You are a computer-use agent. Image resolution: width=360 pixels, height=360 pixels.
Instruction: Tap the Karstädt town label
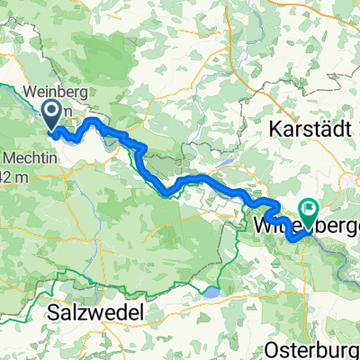[308, 129]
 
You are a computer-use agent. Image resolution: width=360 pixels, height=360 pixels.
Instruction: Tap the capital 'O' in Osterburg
[275, 346]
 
